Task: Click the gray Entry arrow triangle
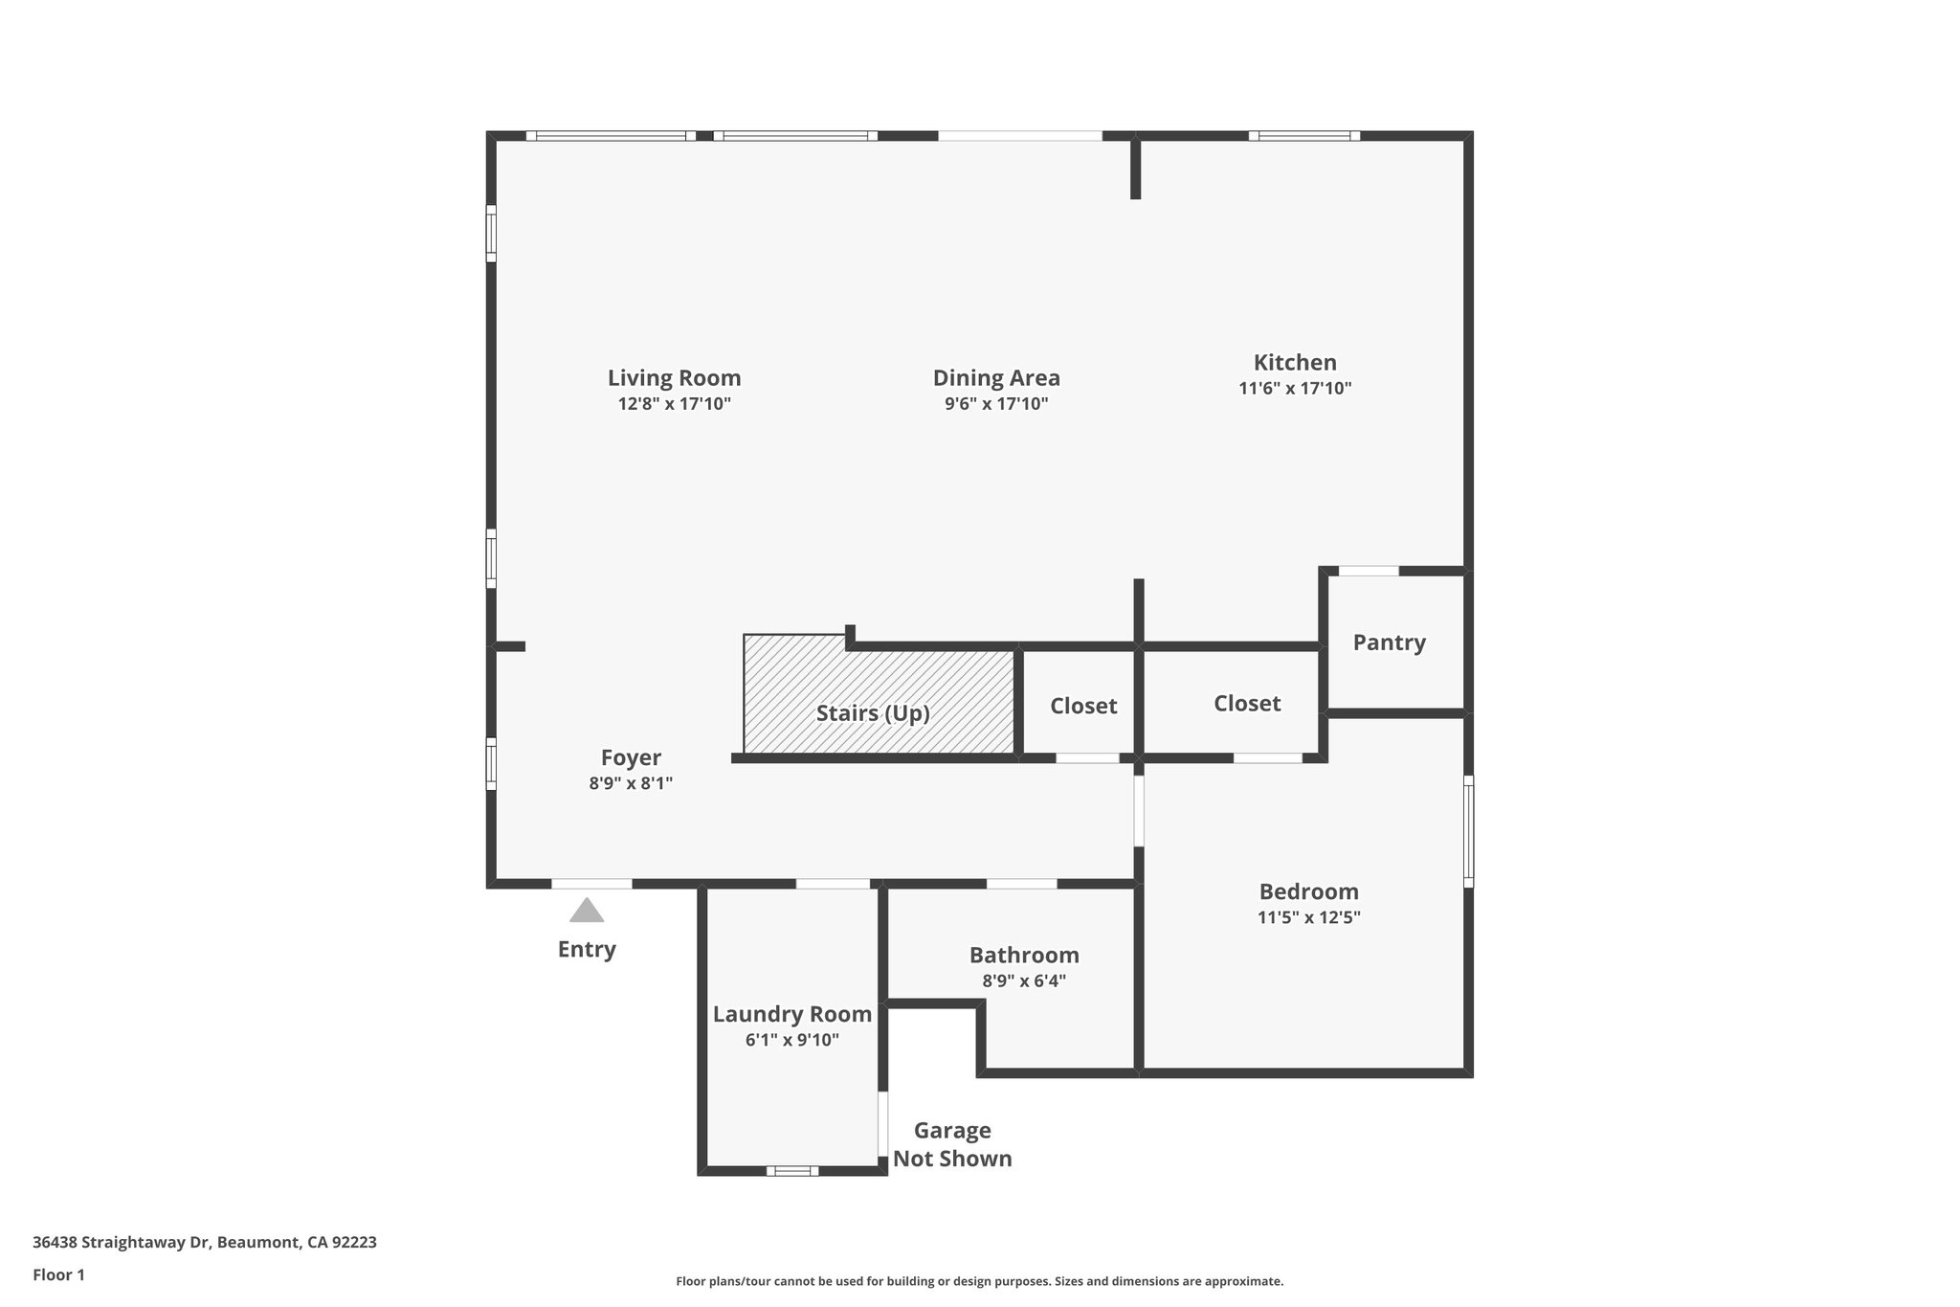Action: click(587, 911)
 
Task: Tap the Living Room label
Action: click(674, 378)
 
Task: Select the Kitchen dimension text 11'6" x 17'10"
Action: click(1295, 389)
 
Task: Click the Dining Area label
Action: click(996, 378)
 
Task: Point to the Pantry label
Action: click(1389, 642)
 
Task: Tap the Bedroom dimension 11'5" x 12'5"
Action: click(1308, 917)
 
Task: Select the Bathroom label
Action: click(1024, 955)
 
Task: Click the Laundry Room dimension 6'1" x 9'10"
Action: click(791, 1040)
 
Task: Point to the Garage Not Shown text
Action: click(952, 1145)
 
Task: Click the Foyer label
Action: click(631, 757)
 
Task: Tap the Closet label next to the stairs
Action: click(1083, 706)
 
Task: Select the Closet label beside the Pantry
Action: click(1247, 704)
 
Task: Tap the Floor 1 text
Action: click(58, 1274)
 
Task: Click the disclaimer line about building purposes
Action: click(979, 1281)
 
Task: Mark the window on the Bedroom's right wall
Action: click(1469, 831)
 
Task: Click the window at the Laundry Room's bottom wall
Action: click(792, 1170)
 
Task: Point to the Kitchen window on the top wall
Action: click(1303, 136)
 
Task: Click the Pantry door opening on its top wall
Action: click(1369, 571)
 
